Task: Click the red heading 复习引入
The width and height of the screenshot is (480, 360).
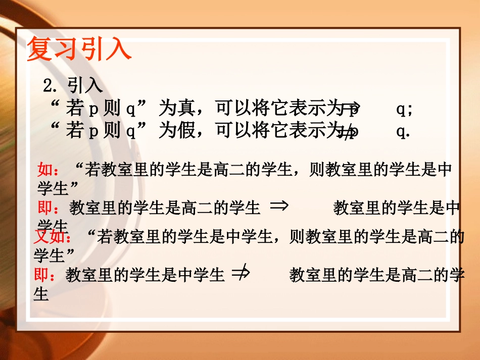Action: (79, 49)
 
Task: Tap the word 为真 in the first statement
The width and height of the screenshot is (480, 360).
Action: (175, 108)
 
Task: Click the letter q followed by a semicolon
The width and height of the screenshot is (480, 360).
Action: (404, 109)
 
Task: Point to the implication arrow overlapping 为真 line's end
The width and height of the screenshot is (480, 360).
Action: (350, 107)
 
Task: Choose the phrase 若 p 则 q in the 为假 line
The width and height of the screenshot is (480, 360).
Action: (101, 131)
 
